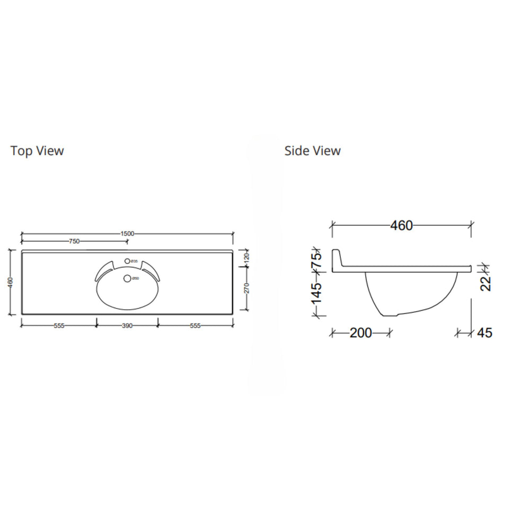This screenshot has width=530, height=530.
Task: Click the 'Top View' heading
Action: coord(37,151)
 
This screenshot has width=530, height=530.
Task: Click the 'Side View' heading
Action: coord(312,151)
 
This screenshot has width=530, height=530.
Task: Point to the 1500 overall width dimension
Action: coord(127,233)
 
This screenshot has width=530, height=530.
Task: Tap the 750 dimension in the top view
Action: coord(74,241)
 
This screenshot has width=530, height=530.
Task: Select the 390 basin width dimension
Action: coord(127,326)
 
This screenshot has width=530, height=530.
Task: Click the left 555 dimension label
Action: coord(59,326)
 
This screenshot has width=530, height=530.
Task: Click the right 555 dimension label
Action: coord(196,326)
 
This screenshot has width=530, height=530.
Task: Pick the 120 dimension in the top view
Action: coord(246,259)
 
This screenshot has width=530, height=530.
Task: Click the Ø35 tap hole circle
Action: coord(127,261)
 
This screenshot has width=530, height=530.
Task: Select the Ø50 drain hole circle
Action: coord(127,278)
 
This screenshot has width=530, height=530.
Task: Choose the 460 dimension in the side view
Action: coord(401,225)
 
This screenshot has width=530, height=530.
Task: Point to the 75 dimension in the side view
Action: coord(316,260)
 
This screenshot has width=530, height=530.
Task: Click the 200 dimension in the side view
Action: coord(361,333)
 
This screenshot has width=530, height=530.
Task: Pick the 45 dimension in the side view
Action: coord(484,333)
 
